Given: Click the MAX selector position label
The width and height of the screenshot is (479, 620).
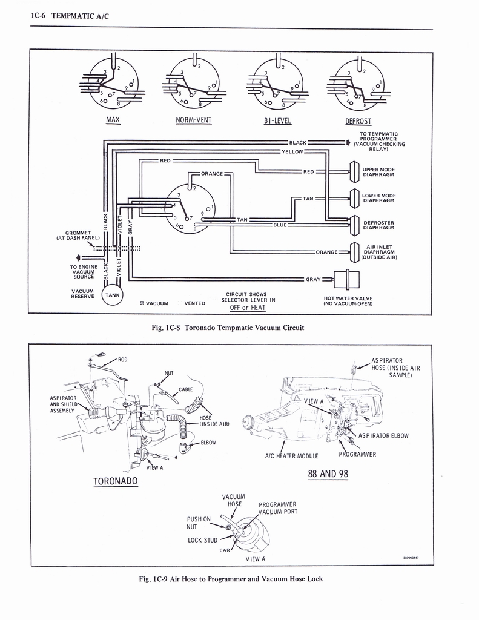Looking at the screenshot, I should click(113, 119).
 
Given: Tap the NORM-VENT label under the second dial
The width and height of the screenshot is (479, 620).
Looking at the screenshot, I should click(193, 120).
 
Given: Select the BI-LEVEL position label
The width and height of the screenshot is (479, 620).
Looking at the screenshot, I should click(277, 120).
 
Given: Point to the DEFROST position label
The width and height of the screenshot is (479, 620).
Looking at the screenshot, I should click(358, 121).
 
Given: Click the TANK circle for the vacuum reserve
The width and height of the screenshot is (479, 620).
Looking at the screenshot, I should click(113, 295).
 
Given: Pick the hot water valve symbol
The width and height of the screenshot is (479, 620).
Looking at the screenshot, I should click(351, 279).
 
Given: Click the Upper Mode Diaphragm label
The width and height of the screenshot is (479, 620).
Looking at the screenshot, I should click(378, 172).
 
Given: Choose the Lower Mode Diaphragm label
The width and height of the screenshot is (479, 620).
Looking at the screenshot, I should click(378, 198).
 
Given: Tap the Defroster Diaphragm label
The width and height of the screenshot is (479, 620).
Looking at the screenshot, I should click(378, 225).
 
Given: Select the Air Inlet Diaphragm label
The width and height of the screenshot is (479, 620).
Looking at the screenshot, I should click(378, 252).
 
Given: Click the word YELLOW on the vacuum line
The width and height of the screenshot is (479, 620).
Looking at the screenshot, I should click(292, 151).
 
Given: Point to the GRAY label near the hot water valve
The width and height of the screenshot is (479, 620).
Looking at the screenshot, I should click(313, 279).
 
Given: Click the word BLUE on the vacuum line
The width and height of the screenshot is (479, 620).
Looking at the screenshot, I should click(280, 225).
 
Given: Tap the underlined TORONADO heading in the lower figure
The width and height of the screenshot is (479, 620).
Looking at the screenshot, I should click(116, 481).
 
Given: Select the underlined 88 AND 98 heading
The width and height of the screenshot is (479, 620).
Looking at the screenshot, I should click(328, 473).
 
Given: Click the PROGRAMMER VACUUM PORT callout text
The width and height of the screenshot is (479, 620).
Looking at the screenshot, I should click(277, 507).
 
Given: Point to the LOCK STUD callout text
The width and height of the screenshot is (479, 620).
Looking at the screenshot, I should click(202, 540).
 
